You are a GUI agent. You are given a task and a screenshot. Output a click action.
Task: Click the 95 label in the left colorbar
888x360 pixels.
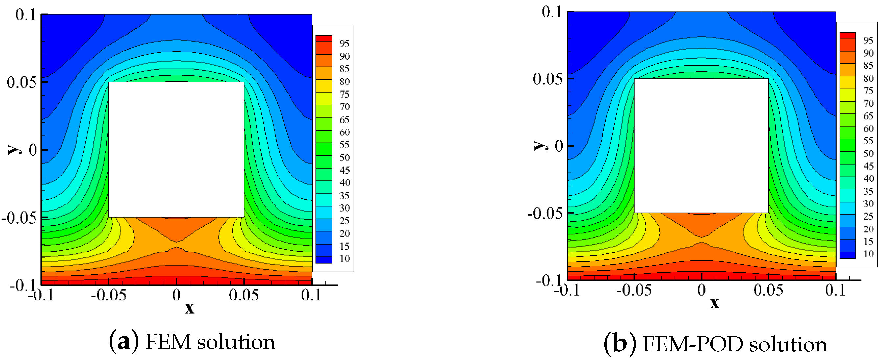(344, 44)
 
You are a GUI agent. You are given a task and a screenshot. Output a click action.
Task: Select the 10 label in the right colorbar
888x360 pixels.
(868, 254)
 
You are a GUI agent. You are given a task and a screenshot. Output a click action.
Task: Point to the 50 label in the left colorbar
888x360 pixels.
(344, 158)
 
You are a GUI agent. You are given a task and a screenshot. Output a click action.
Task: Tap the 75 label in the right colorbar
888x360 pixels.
(868, 91)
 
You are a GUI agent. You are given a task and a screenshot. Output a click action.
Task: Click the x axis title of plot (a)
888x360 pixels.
(189, 308)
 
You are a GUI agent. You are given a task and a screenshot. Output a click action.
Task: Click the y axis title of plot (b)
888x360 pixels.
(540, 146)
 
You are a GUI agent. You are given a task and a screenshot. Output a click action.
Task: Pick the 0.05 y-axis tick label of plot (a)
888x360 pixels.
(21, 83)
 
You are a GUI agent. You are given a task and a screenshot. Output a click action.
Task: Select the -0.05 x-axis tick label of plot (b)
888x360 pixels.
(634, 290)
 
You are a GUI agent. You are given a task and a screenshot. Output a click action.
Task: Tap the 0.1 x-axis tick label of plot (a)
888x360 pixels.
(311, 295)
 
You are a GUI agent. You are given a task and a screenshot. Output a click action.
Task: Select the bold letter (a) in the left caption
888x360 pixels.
(124, 342)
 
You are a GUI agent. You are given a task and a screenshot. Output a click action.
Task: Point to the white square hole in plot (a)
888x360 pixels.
(176, 149)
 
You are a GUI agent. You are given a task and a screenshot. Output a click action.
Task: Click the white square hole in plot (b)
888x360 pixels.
(701, 146)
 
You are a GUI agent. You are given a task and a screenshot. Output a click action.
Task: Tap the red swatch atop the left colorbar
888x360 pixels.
(324, 38)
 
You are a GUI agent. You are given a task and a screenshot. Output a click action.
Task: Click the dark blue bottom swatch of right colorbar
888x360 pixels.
(847, 255)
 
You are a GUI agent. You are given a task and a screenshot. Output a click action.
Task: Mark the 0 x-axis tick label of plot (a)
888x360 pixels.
(176, 295)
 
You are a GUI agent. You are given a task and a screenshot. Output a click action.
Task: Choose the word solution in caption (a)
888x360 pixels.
(236, 342)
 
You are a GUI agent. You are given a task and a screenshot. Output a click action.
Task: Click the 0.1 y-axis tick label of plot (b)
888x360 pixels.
(551, 12)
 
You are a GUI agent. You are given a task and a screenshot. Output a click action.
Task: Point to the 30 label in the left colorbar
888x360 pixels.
(344, 208)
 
